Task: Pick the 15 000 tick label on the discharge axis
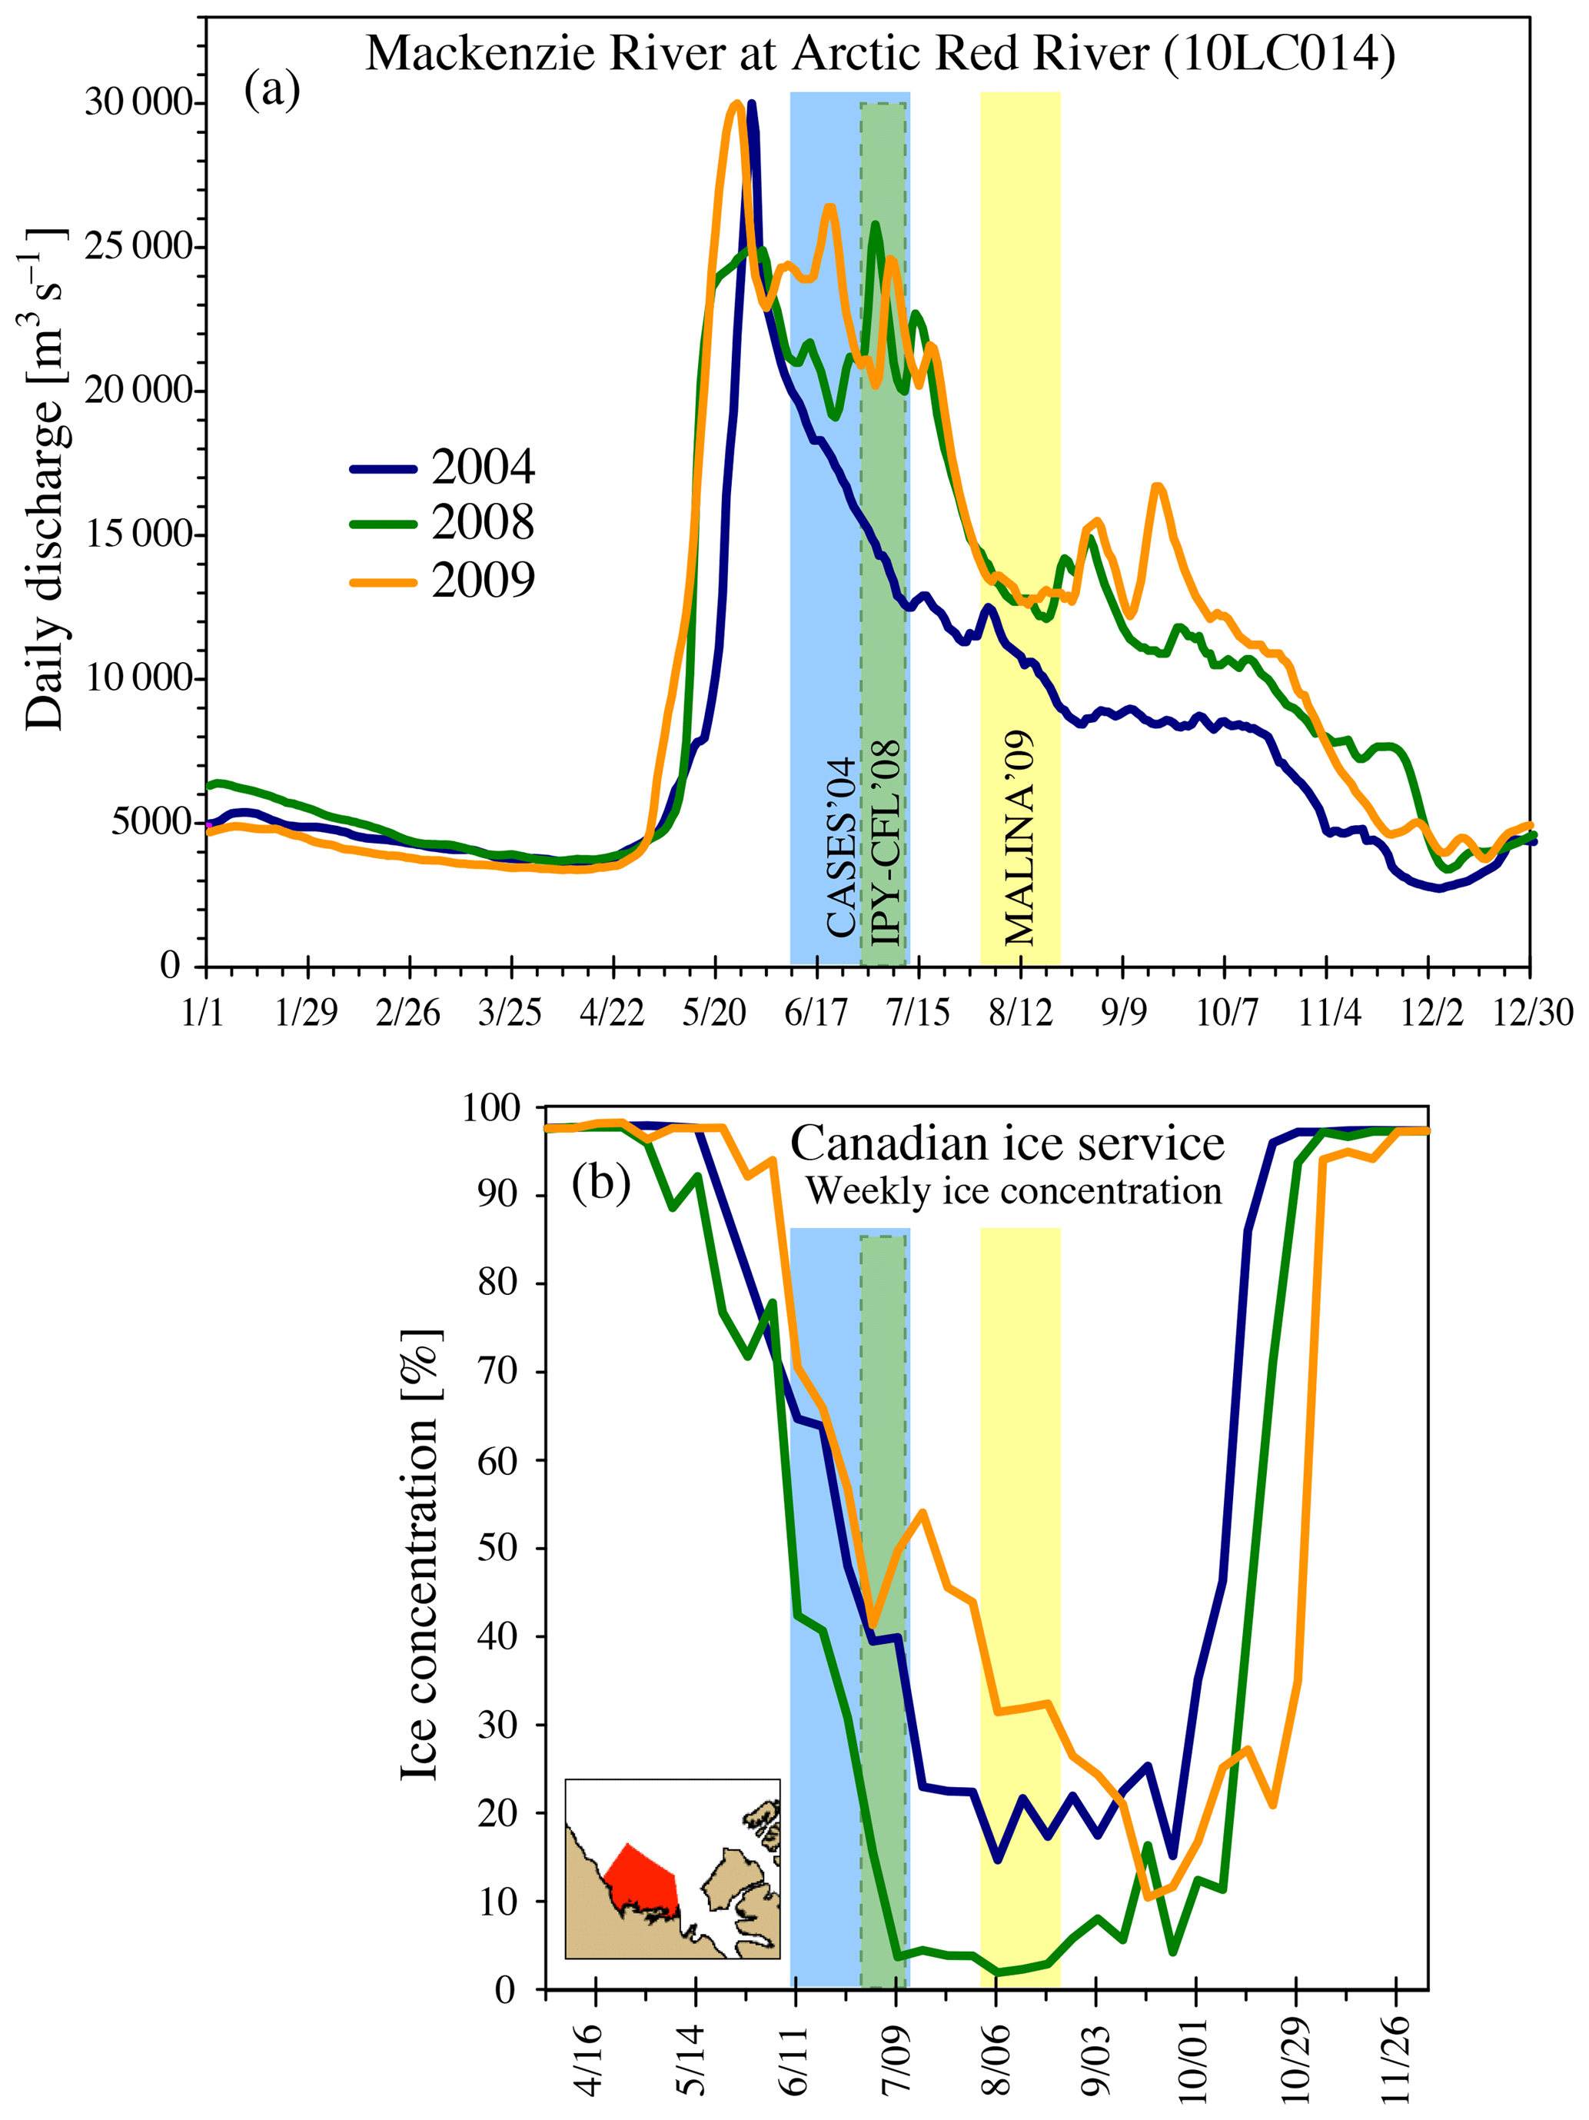point(139,534)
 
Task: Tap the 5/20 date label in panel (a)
point(714,1013)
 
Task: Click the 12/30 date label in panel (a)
point(1531,1013)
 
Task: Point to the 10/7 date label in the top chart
point(1226,1013)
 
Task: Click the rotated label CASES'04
point(840,847)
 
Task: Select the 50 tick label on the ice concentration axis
point(498,1548)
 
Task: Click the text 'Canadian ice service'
point(1006,1143)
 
